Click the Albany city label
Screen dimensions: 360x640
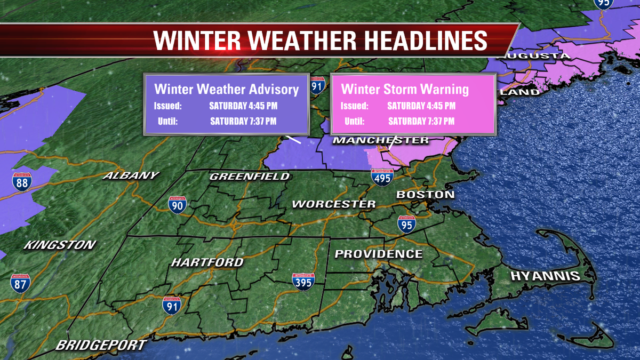tap(131, 175)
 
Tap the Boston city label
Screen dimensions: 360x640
tap(425, 195)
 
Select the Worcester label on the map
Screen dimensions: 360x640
tap(334, 204)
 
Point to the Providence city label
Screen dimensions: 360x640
tap(378, 254)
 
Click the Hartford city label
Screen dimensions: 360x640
tap(207, 262)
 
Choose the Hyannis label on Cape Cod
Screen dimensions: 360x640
tap(545, 276)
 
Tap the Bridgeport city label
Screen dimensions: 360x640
tap(101, 345)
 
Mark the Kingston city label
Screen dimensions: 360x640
tap(60, 245)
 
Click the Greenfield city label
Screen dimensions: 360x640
tap(250, 176)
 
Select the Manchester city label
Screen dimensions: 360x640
tap(381, 140)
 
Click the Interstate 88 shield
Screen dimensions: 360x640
tap(22, 182)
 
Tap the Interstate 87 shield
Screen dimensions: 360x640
tap(20, 283)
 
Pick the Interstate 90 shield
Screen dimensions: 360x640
tap(177, 205)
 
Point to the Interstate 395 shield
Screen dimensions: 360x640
tap(303, 282)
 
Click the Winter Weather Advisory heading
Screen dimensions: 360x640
tap(226, 89)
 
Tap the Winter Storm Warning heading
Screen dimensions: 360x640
tap(405, 89)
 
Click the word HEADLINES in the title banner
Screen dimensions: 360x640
tap(410, 40)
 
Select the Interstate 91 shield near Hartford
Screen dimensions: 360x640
tap(171, 305)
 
